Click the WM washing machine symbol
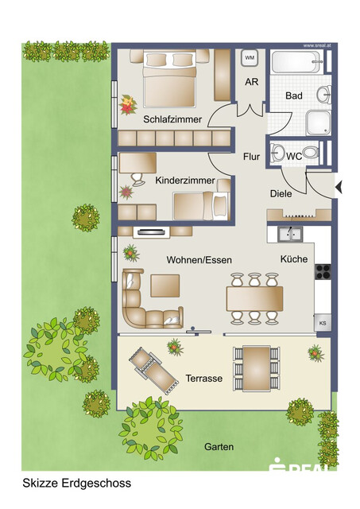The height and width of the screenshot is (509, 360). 249,58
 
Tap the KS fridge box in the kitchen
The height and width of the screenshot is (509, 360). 323,323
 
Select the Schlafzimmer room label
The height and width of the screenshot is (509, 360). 172,119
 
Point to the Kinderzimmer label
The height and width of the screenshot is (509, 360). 185,181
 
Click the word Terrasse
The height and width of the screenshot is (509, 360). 204,379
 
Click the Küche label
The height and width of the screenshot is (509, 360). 293,260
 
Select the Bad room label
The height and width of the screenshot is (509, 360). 294,96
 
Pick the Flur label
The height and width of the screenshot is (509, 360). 251,157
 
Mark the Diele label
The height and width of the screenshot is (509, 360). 281,193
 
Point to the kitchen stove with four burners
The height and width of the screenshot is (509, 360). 323,271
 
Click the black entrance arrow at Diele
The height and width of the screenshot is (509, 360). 339,188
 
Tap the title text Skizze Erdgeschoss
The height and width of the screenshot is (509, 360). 76,483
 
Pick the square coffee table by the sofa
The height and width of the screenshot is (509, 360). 165,286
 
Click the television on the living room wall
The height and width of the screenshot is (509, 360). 153,232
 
